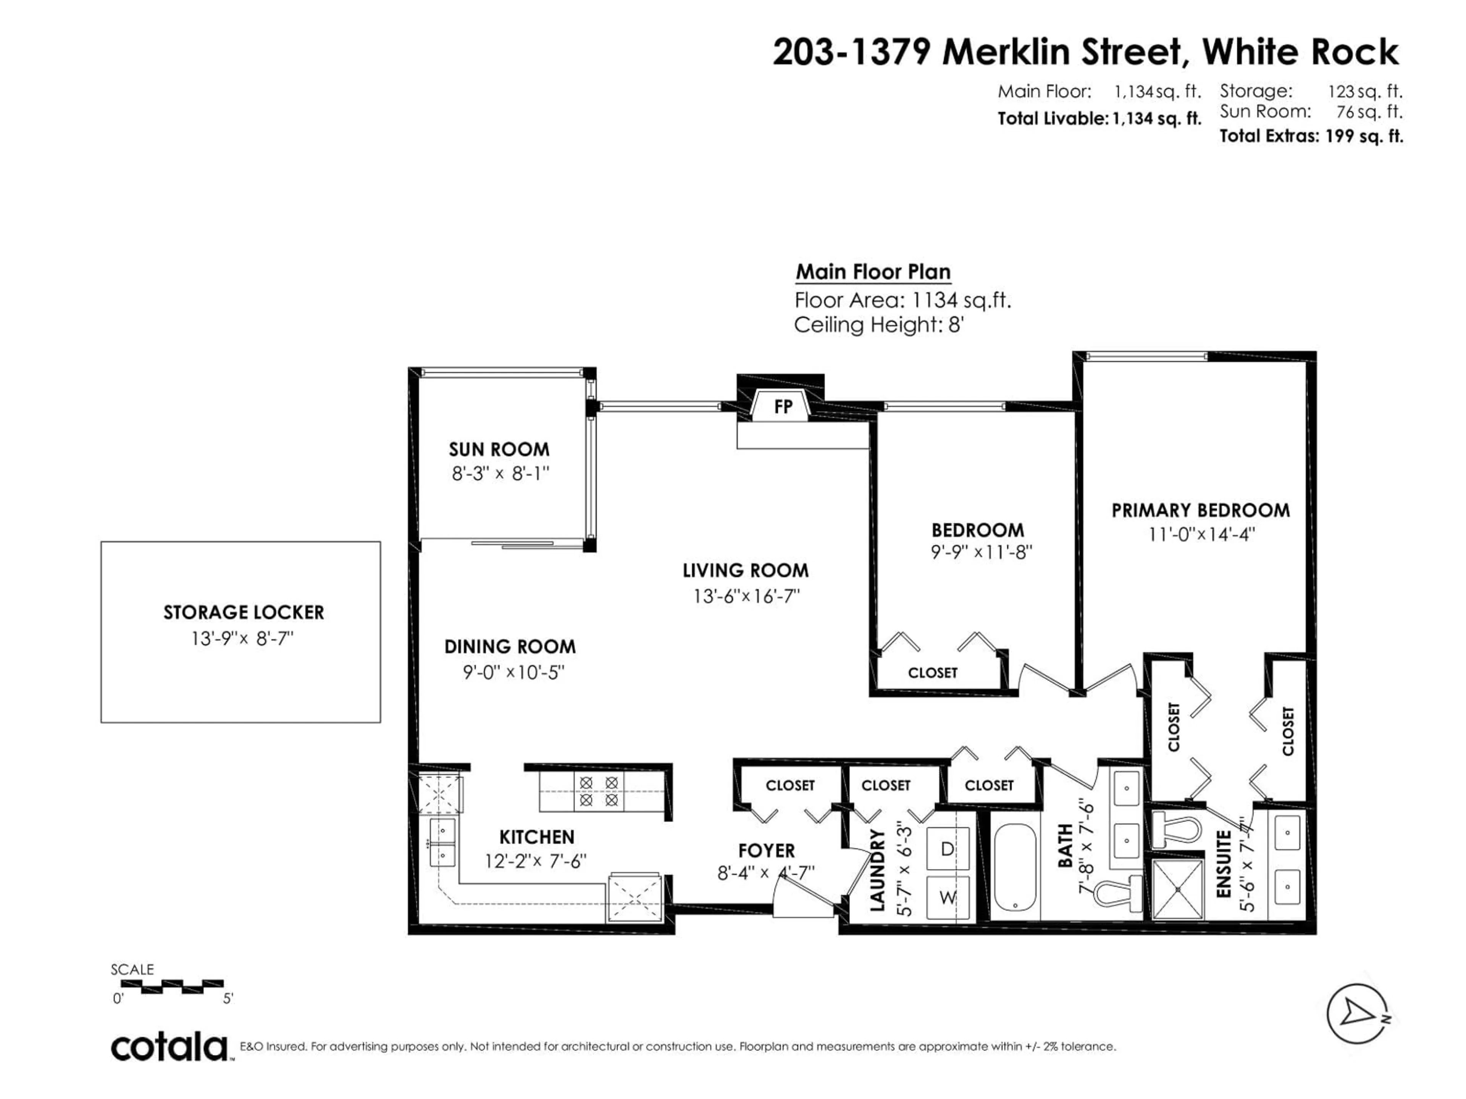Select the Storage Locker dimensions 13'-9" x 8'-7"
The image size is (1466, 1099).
click(242, 638)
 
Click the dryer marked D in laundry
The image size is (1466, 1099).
click(947, 849)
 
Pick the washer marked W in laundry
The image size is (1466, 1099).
click(947, 898)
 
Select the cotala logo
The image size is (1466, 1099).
click(170, 1047)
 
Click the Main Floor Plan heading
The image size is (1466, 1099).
click(873, 272)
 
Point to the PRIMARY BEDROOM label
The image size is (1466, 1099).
click(1200, 510)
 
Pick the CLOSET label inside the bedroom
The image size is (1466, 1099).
click(933, 672)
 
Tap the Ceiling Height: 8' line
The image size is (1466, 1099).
click(878, 325)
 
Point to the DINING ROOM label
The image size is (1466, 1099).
click(510, 646)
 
